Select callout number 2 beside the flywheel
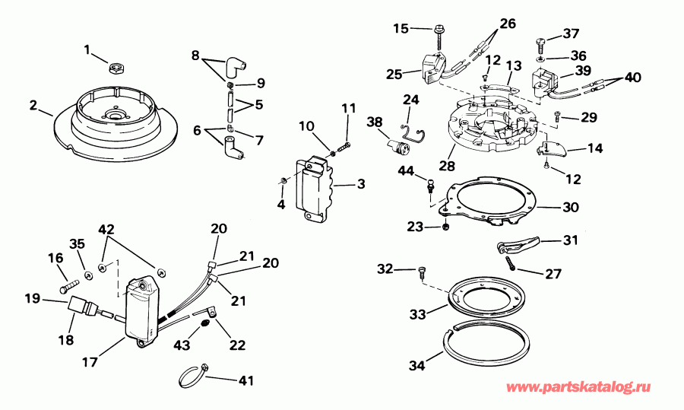coord(33,105)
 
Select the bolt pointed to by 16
coord(68,288)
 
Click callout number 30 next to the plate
coord(570,207)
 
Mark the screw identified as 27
coord(511,263)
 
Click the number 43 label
coord(182,345)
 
